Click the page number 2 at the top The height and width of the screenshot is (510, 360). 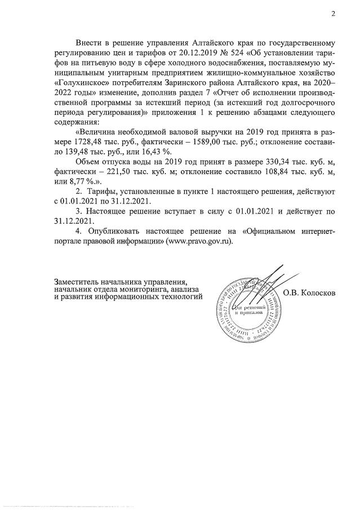pyautogui.click(x=333, y=15)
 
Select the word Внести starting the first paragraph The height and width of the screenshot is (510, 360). pyautogui.click(x=90, y=43)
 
